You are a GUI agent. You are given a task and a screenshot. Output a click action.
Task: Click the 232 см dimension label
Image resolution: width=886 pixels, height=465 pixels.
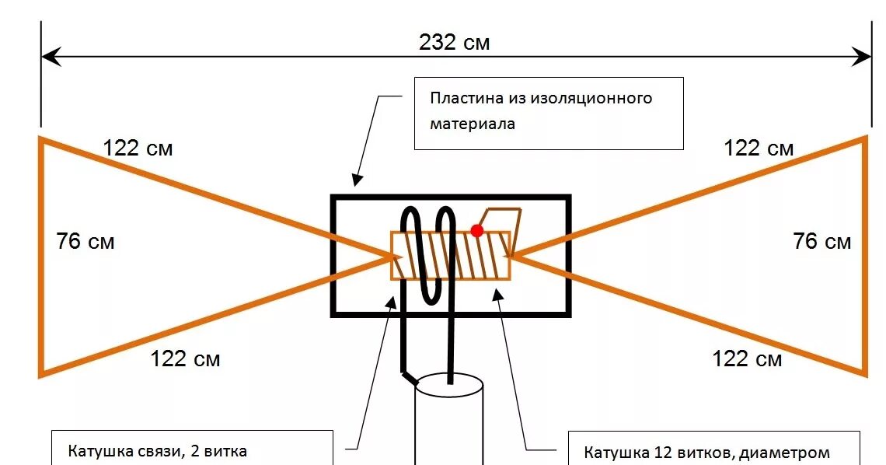[x=455, y=42]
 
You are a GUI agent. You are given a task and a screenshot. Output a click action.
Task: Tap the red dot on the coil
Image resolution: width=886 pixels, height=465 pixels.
[x=477, y=230]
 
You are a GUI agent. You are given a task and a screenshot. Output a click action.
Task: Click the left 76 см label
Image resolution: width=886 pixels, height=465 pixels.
[x=85, y=242]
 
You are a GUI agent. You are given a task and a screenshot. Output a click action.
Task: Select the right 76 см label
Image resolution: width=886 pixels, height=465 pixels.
[x=822, y=241]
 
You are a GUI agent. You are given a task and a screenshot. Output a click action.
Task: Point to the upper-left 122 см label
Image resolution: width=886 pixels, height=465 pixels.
[x=138, y=148]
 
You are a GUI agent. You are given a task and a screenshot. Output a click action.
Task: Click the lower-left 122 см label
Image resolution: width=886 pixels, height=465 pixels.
[x=185, y=358]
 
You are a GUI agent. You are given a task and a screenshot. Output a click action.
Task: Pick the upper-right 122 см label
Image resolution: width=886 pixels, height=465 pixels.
[x=759, y=148]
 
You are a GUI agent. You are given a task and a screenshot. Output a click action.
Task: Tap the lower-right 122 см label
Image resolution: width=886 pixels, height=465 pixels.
[x=747, y=358]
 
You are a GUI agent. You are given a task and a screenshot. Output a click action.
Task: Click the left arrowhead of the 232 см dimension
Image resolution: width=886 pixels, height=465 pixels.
[x=49, y=56]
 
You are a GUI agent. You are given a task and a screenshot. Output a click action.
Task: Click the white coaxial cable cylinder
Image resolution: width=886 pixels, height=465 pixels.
[x=449, y=424]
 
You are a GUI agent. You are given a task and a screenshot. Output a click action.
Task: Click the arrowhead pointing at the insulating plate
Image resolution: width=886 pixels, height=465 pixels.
[x=357, y=180]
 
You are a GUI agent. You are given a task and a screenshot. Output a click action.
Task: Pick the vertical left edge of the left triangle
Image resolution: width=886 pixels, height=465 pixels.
[x=41, y=257]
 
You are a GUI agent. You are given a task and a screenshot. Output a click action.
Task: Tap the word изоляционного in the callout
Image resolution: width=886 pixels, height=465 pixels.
[x=591, y=99]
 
